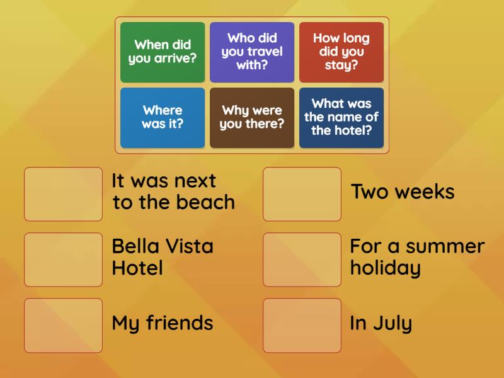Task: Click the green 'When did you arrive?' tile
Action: [163, 52]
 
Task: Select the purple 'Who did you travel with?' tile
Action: [252, 52]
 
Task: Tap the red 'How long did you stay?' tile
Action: [341, 52]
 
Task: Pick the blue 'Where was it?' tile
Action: [163, 118]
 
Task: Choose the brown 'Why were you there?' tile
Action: [252, 118]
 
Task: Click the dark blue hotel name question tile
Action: [341, 118]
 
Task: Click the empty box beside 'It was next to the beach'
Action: [63, 194]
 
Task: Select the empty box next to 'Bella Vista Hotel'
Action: [63, 260]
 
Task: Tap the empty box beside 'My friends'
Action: [63, 325]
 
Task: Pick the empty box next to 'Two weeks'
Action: [302, 194]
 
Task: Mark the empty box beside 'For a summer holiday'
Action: [302, 260]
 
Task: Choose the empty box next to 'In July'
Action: [302, 325]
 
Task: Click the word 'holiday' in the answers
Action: [385, 268]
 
